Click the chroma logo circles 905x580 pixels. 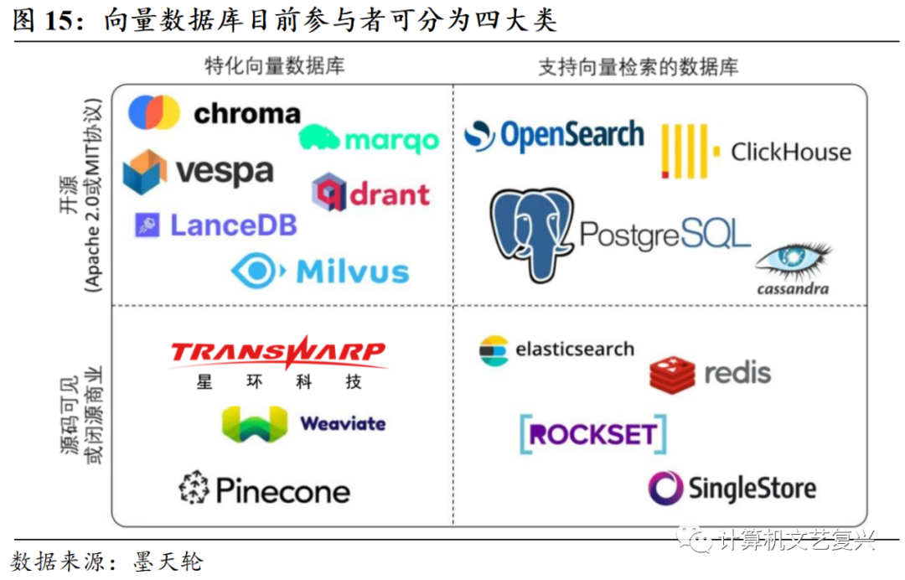(x=154, y=113)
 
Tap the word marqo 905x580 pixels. (x=391, y=140)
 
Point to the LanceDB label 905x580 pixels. (x=233, y=225)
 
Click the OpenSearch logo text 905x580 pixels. (x=572, y=136)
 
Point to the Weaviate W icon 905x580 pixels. (x=254, y=423)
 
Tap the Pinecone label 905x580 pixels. (x=282, y=490)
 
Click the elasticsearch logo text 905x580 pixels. (x=574, y=350)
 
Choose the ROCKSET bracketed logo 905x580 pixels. (x=592, y=434)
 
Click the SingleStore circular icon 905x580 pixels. (x=666, y=488)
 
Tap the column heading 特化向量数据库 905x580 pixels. (x=275, y=66)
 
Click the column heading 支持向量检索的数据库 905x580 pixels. (x=638, y=67)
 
